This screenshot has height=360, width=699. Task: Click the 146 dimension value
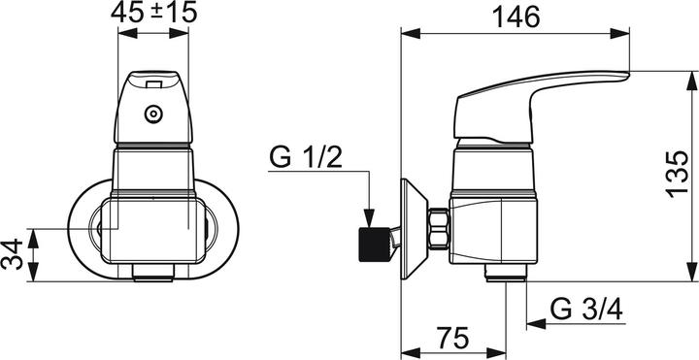(516, 16)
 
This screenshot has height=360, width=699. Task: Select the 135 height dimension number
(678, 174)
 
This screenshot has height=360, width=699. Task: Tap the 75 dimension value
(452, 338)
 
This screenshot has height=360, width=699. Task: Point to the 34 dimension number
(12, 254)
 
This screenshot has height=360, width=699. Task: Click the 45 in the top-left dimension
(127, 13)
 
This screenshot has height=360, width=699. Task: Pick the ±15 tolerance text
(174, 13)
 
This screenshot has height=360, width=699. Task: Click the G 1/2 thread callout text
(306, 157)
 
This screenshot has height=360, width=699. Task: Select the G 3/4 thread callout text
(586, 310)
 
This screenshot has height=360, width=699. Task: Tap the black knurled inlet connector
(375, 245)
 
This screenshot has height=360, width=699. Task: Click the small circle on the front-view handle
(153, 115)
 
